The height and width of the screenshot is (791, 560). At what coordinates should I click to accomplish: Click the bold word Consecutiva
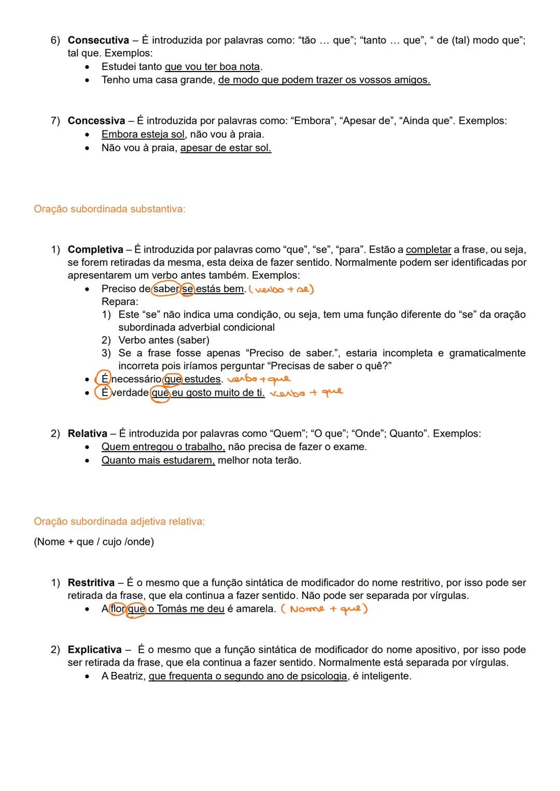pyautogui.click(x=98, y=40)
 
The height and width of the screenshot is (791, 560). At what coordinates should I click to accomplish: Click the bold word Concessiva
pyautogui.click(x=96, y=121)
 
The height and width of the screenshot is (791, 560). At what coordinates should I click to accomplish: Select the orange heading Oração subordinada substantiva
pyautogui.click(x=109, y=209)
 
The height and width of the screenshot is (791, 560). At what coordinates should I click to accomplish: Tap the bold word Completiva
pyautogui.click(x=95, y=250)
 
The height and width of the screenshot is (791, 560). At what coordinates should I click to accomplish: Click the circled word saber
pyautogui.click(x=166, y=289)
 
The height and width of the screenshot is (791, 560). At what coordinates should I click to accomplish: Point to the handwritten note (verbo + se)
pyautogui.click(x=282, y=290)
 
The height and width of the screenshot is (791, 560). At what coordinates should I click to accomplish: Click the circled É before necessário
pyautogui.click(x=105, y=379)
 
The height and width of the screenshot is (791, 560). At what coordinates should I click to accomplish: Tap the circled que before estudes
pyautogui.click(x=173, y=379)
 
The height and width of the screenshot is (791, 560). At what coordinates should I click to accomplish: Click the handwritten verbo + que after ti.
pyautogui.click(x=306, y=393)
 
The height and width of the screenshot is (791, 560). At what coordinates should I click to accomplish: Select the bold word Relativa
pyautogui.click(x=87, y=434)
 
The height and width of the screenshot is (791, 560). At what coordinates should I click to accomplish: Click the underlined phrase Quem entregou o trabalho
pyautogui.click(x=163, y=447)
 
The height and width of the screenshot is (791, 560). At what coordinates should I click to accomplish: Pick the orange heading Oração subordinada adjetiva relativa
pyautogui.click(x=119, y=522)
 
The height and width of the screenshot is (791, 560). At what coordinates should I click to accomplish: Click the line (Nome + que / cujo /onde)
pyautogui.click(x=94, y=542)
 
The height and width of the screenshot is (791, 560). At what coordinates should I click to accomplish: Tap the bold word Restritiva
pyautogui.click(x=91, y=583)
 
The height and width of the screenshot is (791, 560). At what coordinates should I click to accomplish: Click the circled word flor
pyautogui.click(x=118, y=609)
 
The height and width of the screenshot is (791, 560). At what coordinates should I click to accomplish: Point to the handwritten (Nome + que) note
pyautogui.click(x=324, y=609)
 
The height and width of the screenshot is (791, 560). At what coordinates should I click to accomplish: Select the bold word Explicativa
pyautogui.click(x=94, y=650)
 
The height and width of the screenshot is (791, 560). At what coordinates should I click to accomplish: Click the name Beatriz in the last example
pyautogui.click(x=127, y=677)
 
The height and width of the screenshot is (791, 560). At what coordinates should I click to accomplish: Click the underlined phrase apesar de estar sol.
pyautogui.click(x=226, y=148)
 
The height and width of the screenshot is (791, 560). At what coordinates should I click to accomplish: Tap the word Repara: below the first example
pyautogui.click(x=120, y=302)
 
